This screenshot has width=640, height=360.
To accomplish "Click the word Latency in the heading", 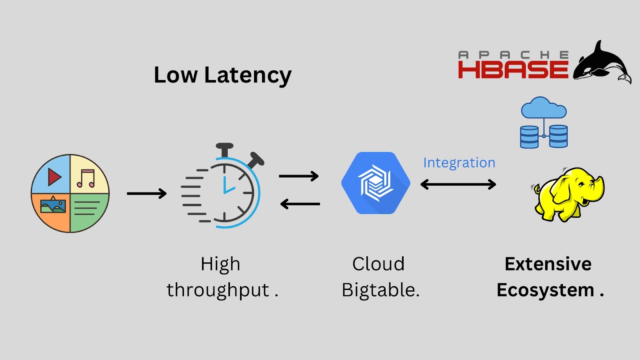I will [x=248, y=75].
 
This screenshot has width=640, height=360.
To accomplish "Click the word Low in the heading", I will [x=176, y=75].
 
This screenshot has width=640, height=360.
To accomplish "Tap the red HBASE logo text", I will [x=513, y=70].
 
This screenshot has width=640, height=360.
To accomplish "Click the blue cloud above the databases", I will [x=544, y=108].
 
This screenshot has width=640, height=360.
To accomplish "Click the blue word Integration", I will [x=459, y=163].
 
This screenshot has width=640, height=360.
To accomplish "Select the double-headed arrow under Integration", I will [x=458, y=184].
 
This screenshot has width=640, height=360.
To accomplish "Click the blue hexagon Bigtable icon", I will [x=376, y=183].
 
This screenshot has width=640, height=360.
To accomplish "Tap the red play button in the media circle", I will [x=54, y=177].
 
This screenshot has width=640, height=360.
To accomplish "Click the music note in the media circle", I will [x=86, y=178].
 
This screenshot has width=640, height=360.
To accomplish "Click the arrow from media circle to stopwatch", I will [x=146, y=194].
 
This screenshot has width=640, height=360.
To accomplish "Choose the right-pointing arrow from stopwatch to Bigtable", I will [x=298, y=176].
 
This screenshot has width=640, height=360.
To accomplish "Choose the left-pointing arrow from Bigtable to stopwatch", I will [x=300, y=204].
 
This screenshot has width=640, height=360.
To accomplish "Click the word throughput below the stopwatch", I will [x=218, y=290].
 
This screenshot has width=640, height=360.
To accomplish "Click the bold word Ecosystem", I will [x=545, y=290].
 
